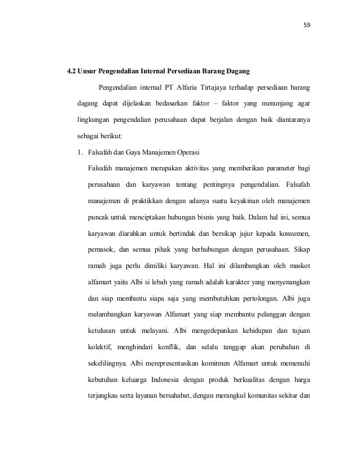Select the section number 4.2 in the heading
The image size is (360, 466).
click(72, 71)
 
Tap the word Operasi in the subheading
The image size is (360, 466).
click(183, 152)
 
